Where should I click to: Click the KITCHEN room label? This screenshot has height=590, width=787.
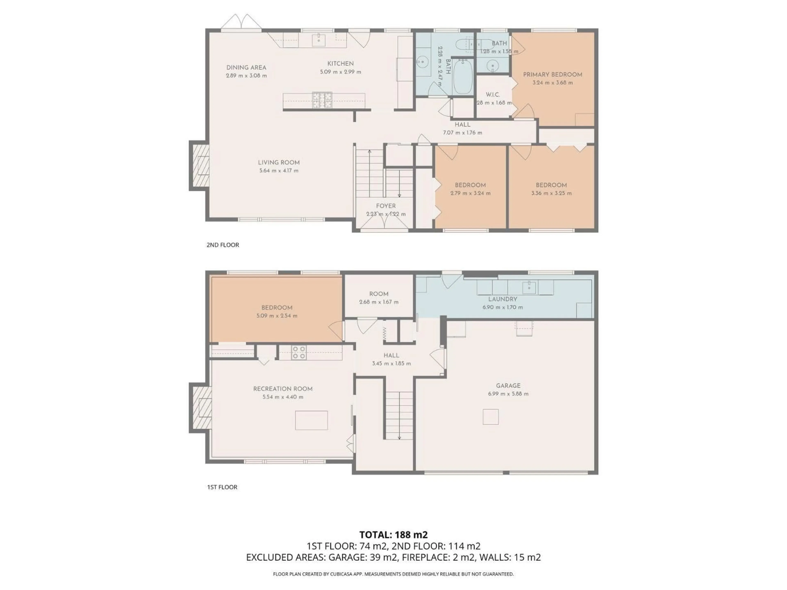click(x=340, y=64)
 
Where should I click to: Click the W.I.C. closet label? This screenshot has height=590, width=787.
click(x=493, y=95)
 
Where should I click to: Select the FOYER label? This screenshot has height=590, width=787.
click(x=386, y=206)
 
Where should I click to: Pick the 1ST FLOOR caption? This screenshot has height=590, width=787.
click(x=222, y=487)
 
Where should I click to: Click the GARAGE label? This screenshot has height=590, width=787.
click(x=508, y=386)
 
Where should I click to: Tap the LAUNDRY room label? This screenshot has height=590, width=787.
click(x=502, y=299)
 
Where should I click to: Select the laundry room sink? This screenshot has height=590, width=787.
click(x=529, y=287)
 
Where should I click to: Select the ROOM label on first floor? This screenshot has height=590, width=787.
click(x=379, y=294)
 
